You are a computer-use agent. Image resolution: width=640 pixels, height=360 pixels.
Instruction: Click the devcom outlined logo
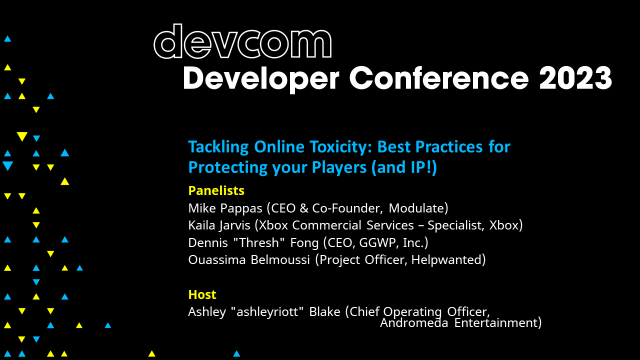click(242, 42)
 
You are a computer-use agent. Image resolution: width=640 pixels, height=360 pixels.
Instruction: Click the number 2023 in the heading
click(575, 78)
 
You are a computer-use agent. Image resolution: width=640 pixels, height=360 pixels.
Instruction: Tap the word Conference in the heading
click(438, 78)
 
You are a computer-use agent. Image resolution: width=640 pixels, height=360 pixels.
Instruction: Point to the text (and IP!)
click(404, 168)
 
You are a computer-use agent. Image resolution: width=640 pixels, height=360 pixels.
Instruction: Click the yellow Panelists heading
click(216, 190)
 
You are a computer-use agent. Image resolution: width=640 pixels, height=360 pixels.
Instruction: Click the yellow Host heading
click(202, 294)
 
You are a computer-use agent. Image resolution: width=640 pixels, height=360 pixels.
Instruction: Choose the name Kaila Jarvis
click(219, 225)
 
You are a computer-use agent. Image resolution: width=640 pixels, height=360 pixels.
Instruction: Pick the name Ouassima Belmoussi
click(249, 260)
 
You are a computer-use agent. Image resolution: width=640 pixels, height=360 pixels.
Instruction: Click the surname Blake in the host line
click(325, 312)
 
